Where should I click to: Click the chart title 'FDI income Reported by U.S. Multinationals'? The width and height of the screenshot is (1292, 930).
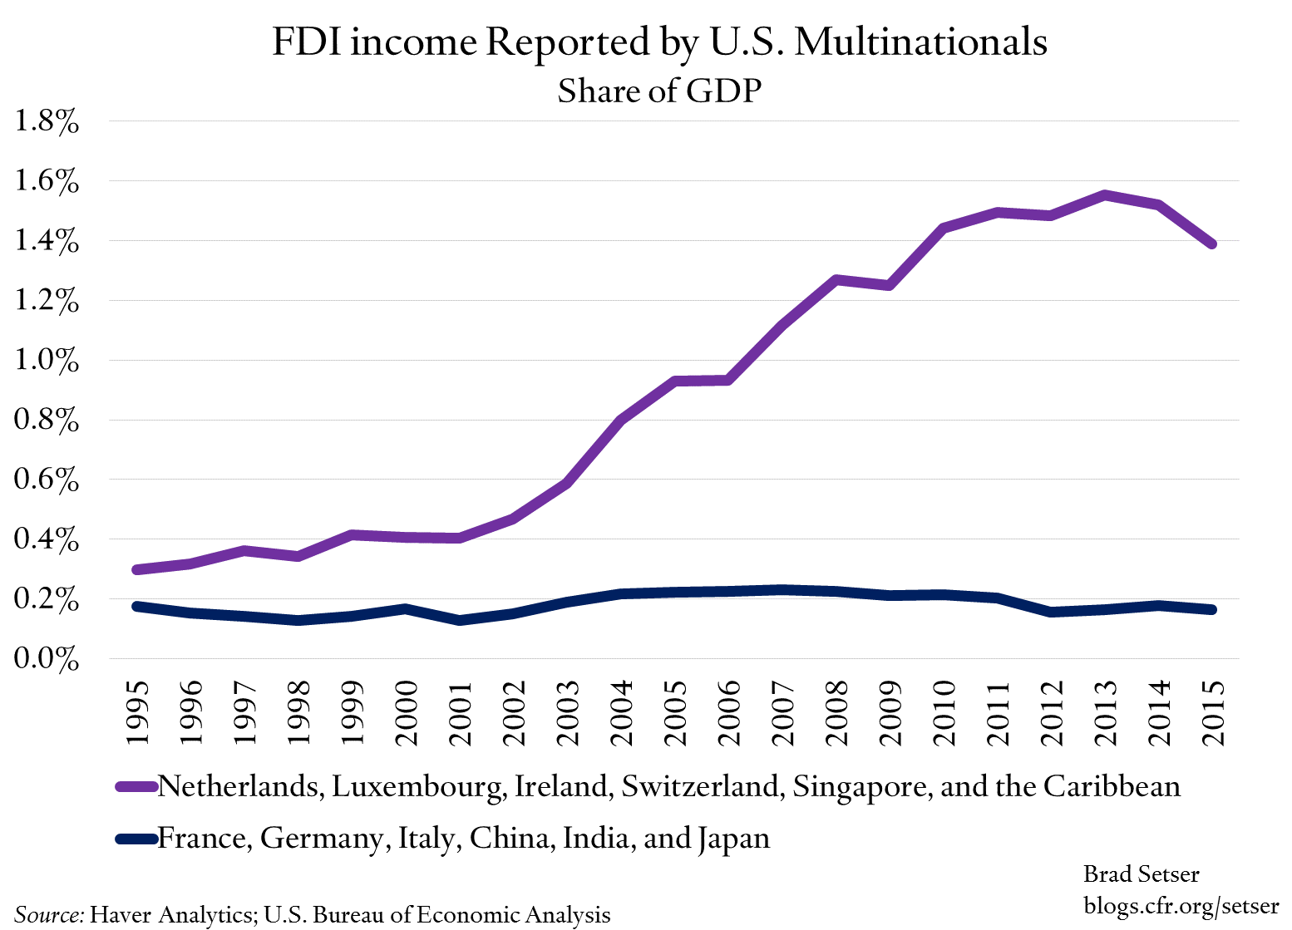(x=659, y=42)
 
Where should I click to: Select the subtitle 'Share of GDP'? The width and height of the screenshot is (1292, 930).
(x=659, y=91)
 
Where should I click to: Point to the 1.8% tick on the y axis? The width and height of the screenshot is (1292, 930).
(x=47, y=121)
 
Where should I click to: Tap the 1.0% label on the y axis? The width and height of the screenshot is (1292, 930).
(x=47, y=361)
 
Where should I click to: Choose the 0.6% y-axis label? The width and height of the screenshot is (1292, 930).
(x=47, y=480)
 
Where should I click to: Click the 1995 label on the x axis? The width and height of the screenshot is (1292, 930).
(x=136, y=713)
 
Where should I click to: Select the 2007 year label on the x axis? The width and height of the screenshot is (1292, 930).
(x=782, y=713)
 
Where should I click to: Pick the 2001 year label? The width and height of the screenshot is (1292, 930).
(x=459, y=713)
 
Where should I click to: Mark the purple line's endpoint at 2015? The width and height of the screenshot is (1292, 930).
(x=1212, y=244)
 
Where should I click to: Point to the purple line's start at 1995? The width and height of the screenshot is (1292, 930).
(x=136, y=569)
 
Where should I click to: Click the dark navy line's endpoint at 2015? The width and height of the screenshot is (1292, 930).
(x=1212, y=609)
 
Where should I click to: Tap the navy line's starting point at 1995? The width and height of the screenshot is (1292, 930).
(x=136, y=606)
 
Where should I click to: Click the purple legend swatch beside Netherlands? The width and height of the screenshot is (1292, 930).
(x=136, y=786)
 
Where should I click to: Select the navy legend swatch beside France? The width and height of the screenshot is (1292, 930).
(x=136, y=839)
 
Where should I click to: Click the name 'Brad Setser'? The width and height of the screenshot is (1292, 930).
(x=1141, y=873)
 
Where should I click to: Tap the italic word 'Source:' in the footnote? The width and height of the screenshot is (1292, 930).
(x=49, y=914)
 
